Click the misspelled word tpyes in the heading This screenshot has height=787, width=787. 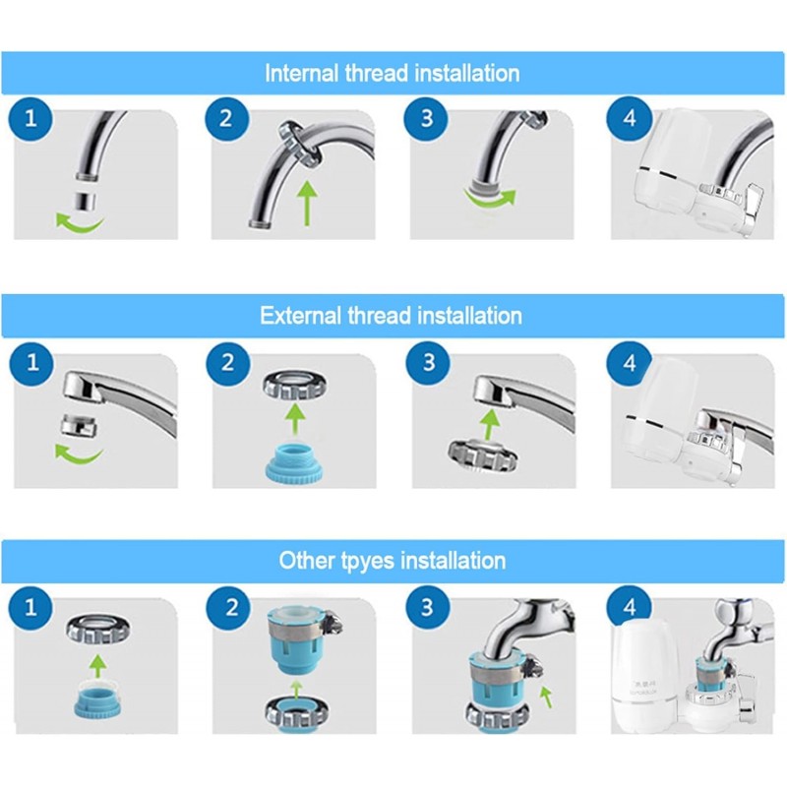(x=375, y=561)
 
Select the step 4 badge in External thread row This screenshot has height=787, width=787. (x=631, y=362)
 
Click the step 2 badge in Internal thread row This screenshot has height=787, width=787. (x=227, y=120)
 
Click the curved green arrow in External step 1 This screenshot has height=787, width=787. (x=77, y=454)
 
